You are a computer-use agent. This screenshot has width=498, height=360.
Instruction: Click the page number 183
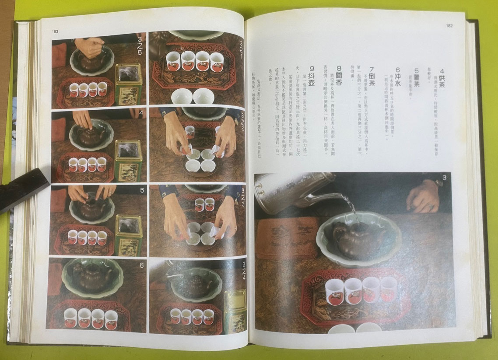point(55,31)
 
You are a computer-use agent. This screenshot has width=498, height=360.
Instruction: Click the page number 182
point(449,26)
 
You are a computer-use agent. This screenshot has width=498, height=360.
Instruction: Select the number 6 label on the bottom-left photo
point(141,265)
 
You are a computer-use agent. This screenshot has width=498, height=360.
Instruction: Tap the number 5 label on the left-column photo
point(141,191)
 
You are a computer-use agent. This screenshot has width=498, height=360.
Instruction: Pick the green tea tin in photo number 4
point(128,160)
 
